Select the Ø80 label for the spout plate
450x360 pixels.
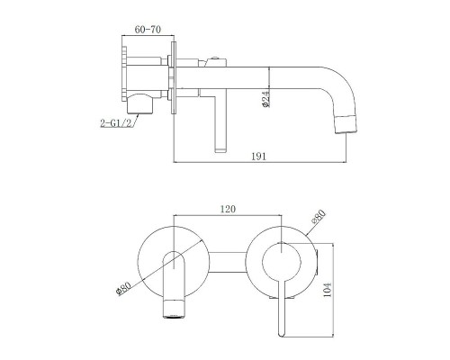tap(123, 287)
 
